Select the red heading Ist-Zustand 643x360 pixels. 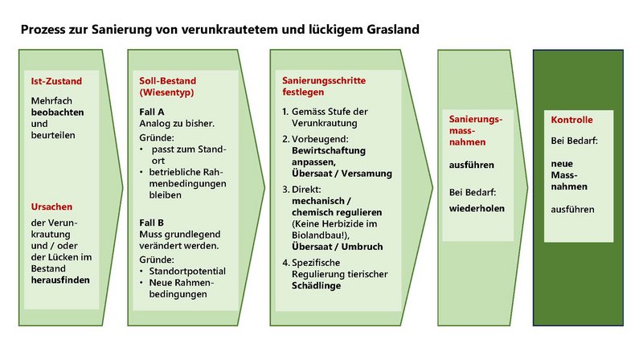coord(56,81)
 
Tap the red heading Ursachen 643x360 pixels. coord(51,207)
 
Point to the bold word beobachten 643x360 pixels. coord(57,112)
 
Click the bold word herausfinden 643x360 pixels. coord(60,280)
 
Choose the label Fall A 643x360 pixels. coord(152,112)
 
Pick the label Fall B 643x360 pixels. coord(151,223)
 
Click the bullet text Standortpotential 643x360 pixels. coord(187,271)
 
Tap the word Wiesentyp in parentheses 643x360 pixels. coord(166,92)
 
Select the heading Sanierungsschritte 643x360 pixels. coord(324,80)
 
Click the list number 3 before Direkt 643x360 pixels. coord(286,190)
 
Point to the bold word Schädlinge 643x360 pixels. coord(316,285)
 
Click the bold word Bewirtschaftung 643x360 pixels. coord(329,150)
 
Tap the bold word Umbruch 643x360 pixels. coord(362,247)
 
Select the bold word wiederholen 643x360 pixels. coord(477,208)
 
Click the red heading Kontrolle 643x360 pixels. coord(571,120)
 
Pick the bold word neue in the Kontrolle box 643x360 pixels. coord(562,164)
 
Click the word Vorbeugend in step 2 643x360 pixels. coord(320,139)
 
